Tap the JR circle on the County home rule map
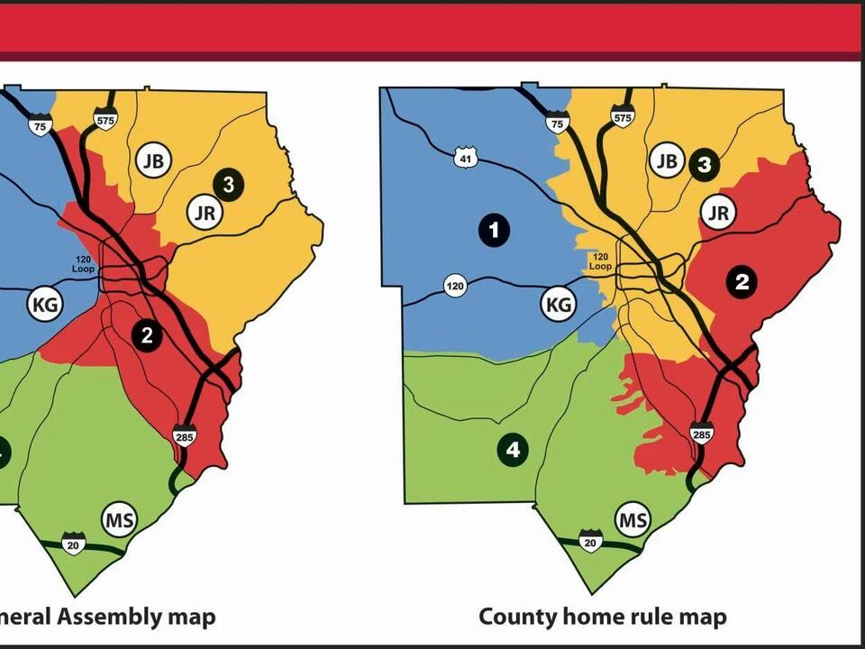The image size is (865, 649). [x=718, y=213]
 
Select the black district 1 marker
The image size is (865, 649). [x=494, y=229]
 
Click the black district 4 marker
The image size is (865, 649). [x=514, y=450]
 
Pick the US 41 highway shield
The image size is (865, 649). [x=465, y=159]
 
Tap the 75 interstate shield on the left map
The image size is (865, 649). [x=39, y=126]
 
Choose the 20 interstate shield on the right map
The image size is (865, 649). [x=590, y=542]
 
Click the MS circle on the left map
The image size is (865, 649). [x=119, y=520]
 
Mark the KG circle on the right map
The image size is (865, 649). [x=559, y=305]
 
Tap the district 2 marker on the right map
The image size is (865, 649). [x=742, y=281]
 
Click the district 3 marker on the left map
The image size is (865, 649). [x=229, y=185]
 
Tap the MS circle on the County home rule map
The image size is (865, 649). [x=633, y=520]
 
